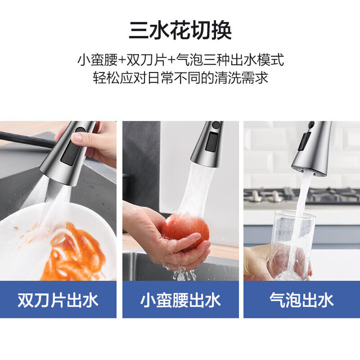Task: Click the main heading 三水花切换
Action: (x=180, y=31)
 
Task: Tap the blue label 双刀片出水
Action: (x=58, y=300)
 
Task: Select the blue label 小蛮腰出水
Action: (x=181, y=300)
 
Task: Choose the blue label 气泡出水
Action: (x=301, y=300)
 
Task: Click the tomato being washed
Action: (x=186, y=230)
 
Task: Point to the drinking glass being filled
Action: (x=292, y=245)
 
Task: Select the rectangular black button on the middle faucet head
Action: (x=211, y=142)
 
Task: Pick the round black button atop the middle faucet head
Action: (x=216, y=125)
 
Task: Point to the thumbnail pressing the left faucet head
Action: (x=78, y=137)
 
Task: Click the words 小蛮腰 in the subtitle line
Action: (x=97, y=60)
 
